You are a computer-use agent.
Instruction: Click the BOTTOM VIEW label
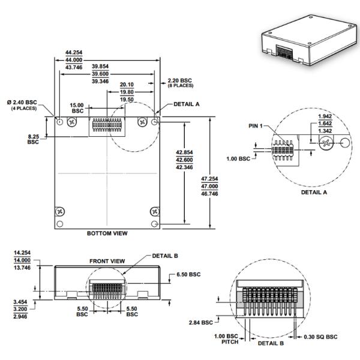[x=108, y=233]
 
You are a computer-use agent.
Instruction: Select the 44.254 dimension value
[x=74, y=53]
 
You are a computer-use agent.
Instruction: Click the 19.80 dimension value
[x=126, y=92]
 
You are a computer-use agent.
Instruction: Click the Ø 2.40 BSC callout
[x=23, y=102]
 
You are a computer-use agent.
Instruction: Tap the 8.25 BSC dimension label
[x=33, y=139]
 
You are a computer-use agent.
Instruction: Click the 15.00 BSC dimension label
[x=77, y=108]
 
